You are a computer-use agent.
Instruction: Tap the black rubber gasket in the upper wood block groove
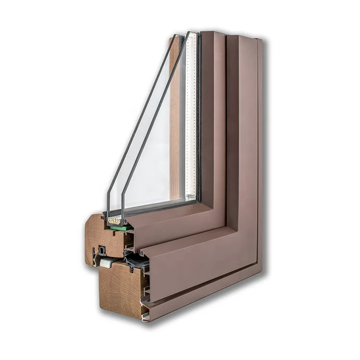coord(102,251)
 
